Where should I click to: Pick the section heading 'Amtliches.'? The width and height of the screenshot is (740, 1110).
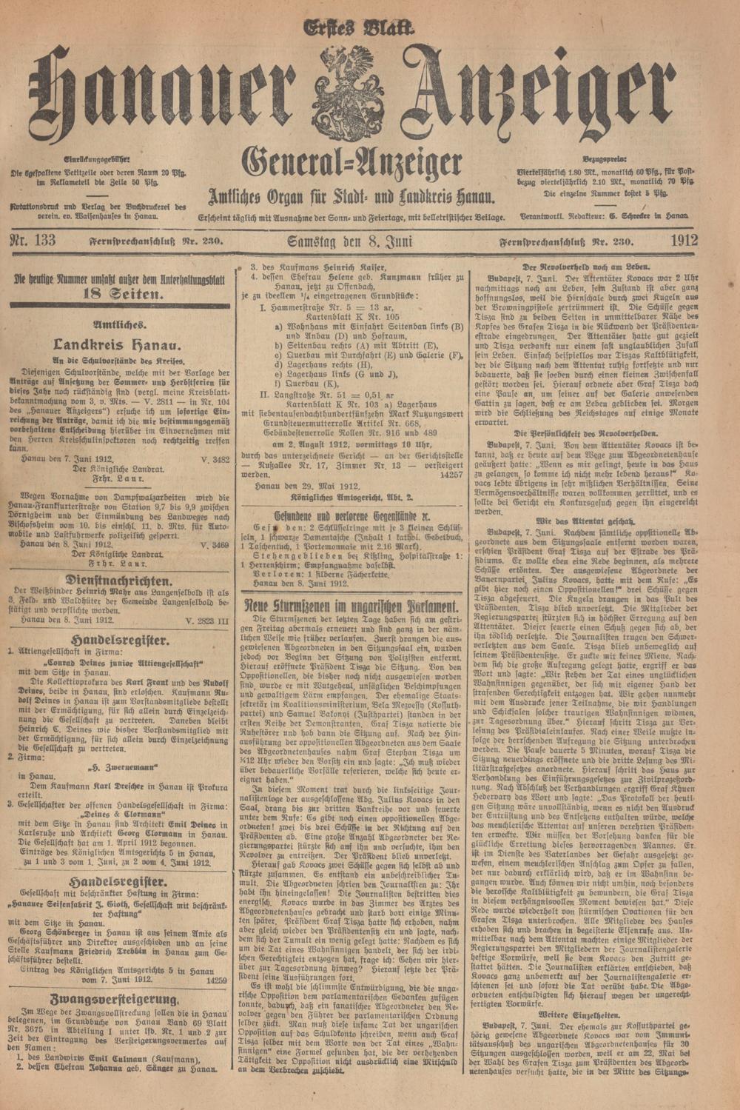pyautogui.click(x=120, y=324)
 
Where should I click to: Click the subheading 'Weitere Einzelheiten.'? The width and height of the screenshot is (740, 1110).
pyautogui.click(x=588, y=1013)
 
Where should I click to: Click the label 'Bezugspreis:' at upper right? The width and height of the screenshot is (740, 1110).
pyautogui.click(x=604, y=158)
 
